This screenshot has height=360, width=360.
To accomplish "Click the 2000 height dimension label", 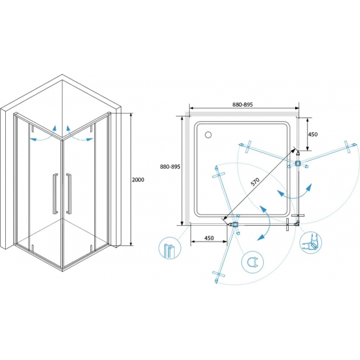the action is pyautogui.click(x=138, y=180).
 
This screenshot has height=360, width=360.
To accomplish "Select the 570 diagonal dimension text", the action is pyautogui.click(x=255, y=181).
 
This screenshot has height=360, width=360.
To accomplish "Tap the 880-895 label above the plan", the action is pyautogui.click(x=242, y=105).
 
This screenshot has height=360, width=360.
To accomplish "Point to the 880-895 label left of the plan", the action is pyautogui.click(x=170, y=167).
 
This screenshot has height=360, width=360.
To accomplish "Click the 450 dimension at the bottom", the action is pyautogui.click(x=209, y=238).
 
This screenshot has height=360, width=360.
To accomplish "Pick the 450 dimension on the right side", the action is pyautogui.click(x=313, y=134).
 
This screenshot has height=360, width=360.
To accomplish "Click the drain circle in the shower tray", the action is pyautogui.click(x=208, y=135).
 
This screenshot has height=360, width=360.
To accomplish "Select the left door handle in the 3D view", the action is pyautogui.click(x=55, y=194).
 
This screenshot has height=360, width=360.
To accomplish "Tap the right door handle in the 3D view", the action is pyautogui.click(x=69, y=194).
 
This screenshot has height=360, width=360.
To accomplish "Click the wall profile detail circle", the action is pyautogui.click(x=170, y=248).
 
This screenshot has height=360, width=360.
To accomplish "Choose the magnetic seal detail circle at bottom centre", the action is pyautogui.click(x=253, y=262).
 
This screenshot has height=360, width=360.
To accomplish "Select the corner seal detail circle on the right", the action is pyautogui.click(x=311, y=243).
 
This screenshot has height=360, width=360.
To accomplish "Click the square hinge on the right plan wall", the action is pyautogui.click(x=298, y=163).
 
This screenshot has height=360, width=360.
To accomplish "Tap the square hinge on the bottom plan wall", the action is pyautogui.click(x=235, y=225).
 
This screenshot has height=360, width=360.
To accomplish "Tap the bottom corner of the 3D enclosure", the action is pyautogui.click(x=62, y=271).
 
